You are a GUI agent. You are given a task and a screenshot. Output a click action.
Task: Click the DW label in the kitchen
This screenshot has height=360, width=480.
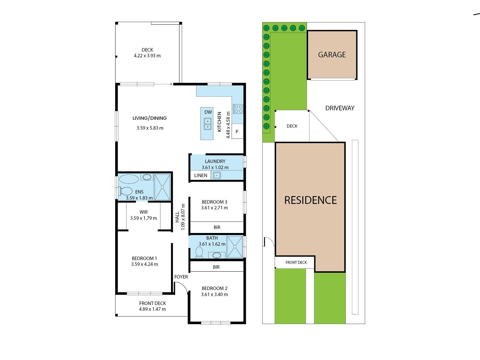pos(208,112)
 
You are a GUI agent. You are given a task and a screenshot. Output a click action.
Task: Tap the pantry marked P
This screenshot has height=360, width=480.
pos(237,131)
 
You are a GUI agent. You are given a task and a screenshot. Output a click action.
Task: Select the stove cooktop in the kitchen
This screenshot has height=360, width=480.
pos(238,109)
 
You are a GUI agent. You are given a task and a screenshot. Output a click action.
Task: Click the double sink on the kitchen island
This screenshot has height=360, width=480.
pos(208,124)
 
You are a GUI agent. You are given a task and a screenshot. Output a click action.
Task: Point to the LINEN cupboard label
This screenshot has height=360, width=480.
pos(200,175)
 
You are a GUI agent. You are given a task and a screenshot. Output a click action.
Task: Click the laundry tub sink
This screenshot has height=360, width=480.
pos(217,175)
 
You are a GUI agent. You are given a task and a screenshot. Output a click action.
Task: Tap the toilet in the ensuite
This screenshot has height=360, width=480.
pos(125,191)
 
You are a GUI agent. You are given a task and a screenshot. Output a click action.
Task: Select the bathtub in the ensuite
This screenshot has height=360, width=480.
pos(129,179)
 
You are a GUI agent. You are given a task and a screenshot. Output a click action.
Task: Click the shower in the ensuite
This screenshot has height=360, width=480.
pos(162,187)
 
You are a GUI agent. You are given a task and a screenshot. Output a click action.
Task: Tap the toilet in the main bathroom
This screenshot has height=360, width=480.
pos(199,253)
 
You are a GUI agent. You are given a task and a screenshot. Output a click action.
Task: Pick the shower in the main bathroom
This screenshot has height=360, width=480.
pos(235,247)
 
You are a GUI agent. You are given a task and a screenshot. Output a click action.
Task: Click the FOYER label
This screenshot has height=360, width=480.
pos(181,277)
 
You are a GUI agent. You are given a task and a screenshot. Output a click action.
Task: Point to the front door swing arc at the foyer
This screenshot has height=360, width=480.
pos(183,285)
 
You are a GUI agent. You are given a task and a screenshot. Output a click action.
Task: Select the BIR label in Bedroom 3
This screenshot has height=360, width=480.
pos(217,228)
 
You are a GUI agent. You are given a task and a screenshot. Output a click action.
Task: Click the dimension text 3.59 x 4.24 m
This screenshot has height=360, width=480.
pos(144,264)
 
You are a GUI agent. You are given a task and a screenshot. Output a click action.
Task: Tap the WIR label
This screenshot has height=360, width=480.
pos(143,212)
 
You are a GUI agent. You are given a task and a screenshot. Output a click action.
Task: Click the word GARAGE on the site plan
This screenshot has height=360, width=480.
pos(332,55)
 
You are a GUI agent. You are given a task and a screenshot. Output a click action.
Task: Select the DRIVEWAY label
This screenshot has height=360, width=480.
pos(340,108)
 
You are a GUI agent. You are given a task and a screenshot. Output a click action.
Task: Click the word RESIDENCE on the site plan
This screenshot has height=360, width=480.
pos(310,200)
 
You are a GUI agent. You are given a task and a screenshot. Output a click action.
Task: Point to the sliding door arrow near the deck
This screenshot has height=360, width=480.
pos(164,84)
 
